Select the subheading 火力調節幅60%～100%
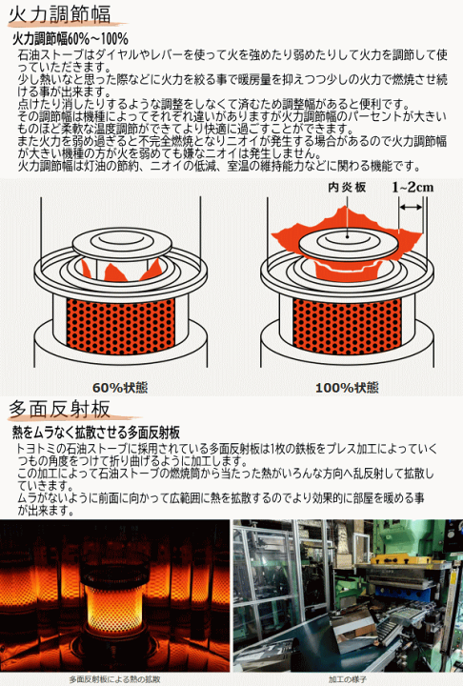click(70, 39)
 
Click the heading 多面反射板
click(59, 409)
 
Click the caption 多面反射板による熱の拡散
click(115, 678)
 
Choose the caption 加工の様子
click(347, 678)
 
